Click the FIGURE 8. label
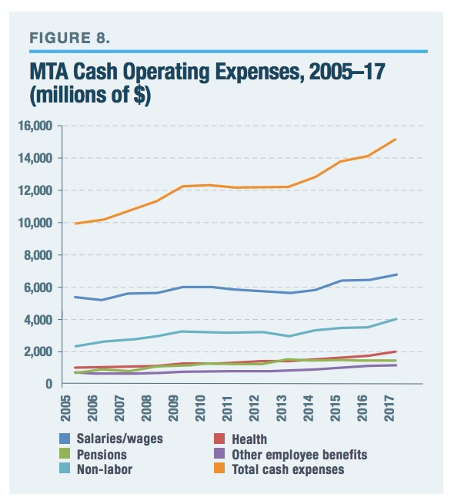point(69,38)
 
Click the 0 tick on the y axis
point(48,383)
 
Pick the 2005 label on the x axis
point(65,408)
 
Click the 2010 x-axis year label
point(200,408)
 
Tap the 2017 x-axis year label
point(389,408)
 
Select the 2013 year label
point(282,408)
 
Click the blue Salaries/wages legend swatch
point(65,439)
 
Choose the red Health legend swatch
point(219,439)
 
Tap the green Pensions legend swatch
point(65,454)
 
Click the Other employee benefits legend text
point(299,455)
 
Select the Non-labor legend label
point(105,469)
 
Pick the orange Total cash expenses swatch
point(219,469)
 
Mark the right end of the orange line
point(396,139)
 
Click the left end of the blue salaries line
point(75,297)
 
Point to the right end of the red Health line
point(396,351)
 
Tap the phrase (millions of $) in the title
point(90,96)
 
